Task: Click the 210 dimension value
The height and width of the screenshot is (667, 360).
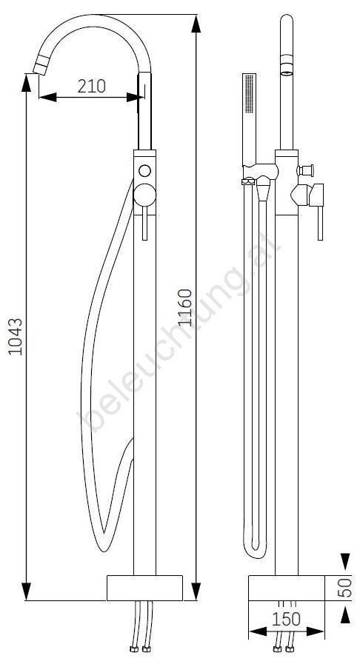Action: coord(92,86)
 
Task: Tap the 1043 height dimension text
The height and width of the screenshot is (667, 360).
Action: coord(16,336)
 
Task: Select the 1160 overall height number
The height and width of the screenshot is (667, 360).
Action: coord(185,307)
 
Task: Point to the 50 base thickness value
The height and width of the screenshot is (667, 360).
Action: coord(347,587)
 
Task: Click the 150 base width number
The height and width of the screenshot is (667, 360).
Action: coord(285,620)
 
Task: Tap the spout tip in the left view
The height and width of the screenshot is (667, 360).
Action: coord(41,67)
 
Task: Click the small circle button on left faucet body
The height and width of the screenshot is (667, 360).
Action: coord(144,170)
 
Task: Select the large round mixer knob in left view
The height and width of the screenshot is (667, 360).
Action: coord(144,195)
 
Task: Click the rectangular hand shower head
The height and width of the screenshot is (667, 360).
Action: coord(249,119)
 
